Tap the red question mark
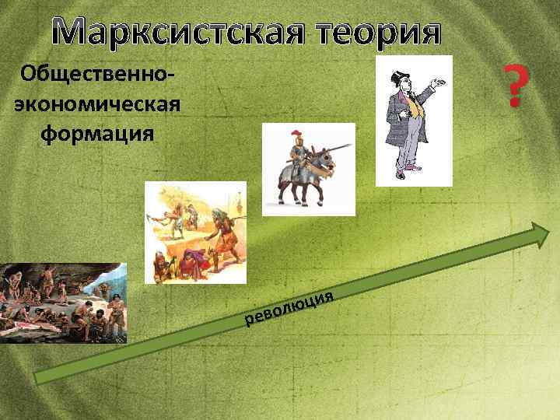click(513, 86)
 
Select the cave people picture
click(63, 303)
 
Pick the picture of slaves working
click(195, 233)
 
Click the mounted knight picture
click(308, 169)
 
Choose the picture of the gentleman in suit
click(413, 121)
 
